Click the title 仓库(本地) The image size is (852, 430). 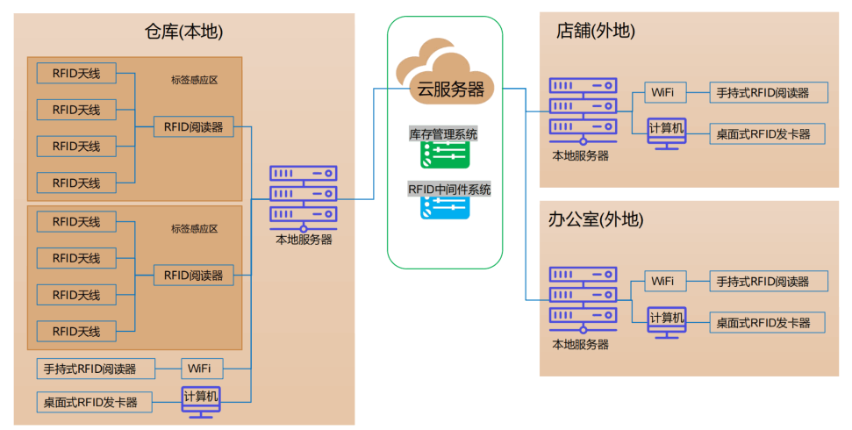coord(184,32)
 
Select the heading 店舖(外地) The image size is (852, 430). coord(596,32)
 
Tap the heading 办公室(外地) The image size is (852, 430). coord(596,219)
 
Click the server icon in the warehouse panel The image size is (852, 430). coord(304,195)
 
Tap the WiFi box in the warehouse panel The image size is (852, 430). coord(202,367)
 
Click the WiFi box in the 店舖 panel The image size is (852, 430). coord(664,91)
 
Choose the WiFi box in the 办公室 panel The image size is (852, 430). coord(664,281)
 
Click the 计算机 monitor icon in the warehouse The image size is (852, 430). coord(201,400)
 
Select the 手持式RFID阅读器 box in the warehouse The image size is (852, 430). coord(96,368)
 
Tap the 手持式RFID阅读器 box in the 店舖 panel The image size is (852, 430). coord(768,92)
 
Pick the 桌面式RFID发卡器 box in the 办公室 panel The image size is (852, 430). coord(768,322)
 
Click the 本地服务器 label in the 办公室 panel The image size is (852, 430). coord(580,344)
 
